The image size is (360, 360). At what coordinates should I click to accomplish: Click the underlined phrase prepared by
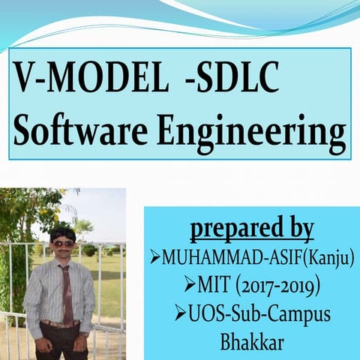(251, 228)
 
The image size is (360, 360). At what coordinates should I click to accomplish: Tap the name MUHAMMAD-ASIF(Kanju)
(259, 259)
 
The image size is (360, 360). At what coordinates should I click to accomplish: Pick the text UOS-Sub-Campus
(259, 313)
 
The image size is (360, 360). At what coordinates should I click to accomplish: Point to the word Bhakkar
(251, 341)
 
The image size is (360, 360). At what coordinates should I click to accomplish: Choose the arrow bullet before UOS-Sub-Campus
(180, 313)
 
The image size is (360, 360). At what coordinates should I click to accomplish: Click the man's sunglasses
(61, 243)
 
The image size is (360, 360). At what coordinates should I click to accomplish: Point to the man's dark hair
(61, 232)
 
